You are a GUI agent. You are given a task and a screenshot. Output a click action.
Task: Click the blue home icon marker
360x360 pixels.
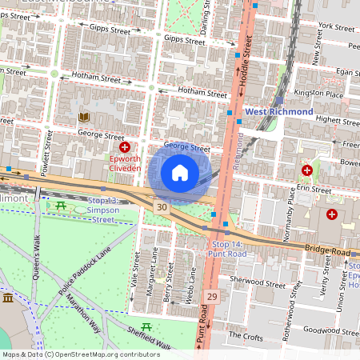pyautogui.click(x=180, y=173)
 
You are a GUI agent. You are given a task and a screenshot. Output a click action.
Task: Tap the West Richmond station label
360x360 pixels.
pyautogui.click(x=278, y=112)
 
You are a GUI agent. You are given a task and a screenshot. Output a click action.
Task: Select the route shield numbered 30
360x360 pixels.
pyautogui.click(x=162, y=207)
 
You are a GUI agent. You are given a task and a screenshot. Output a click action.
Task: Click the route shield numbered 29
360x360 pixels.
pyautogui.click(x=211, y=296)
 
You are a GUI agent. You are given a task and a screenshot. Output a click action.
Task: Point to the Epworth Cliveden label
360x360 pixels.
pyautogui.click(x=125, y=164)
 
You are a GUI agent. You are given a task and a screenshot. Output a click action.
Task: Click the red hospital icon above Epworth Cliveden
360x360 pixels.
pyautogui.click(x=125, y=148)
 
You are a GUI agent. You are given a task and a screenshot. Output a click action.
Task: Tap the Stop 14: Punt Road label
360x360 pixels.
pyautogui.click(x=226, y=248)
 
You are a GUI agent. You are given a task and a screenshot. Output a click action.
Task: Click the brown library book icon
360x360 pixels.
pyautogui.click(x=82, y=118)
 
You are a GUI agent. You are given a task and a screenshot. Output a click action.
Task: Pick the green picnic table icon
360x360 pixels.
pyautogui.click(x=62, y=206)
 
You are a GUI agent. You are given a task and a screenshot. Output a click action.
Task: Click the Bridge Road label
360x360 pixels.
pyautogui.click(x=326, y=251)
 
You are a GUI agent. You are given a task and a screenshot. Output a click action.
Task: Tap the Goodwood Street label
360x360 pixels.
pyautogui.click(x=327, y=330)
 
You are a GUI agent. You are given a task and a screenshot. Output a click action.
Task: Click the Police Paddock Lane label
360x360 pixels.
pyautogui.click(x=80, y=277)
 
